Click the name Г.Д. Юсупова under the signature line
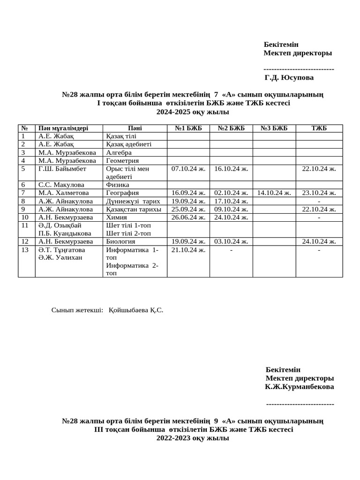pyautogui.click(x=289, y=78)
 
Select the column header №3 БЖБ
pyautogui.click(x=274, y=128)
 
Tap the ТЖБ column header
pyautogui.click(x=319, y=128)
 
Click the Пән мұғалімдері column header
pyautogui.click(x=63, y=128)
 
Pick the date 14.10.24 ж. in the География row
pyautogui.click(x=274, y=193)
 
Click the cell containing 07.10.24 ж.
pyautogui.click(x=188, y=169)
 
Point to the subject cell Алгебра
pyautogui.click(x=119, y=152)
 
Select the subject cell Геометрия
pyautogui.click(x=122, y=161)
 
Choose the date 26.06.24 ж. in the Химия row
pyautogui.click(x=188, y=217)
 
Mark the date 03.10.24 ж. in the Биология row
pyautogui.click(x=231, y=242)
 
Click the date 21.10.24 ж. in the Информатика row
pyautogui.click(x=188, y=250)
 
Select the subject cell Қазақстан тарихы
pyautogui.click(x=134, y=209)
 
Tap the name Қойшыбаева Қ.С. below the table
pyautogui.click(x=135, y=310)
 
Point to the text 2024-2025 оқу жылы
pyautogui.click(x=193, y=112)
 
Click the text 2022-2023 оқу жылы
pyautogui.click(x=193, y=438)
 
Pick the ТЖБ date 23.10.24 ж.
pyautogui.click(x=319, y=193)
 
